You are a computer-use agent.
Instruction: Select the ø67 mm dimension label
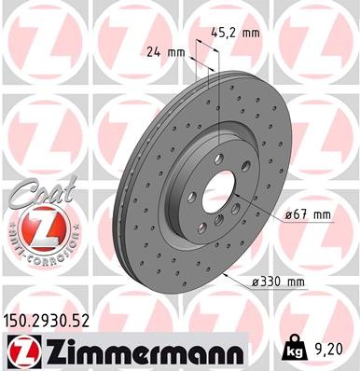point(309,214)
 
